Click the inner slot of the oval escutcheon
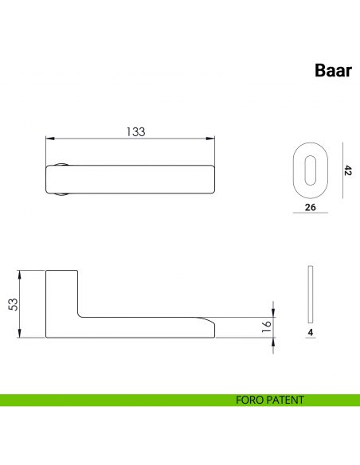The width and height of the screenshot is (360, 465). coord(312,170)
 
